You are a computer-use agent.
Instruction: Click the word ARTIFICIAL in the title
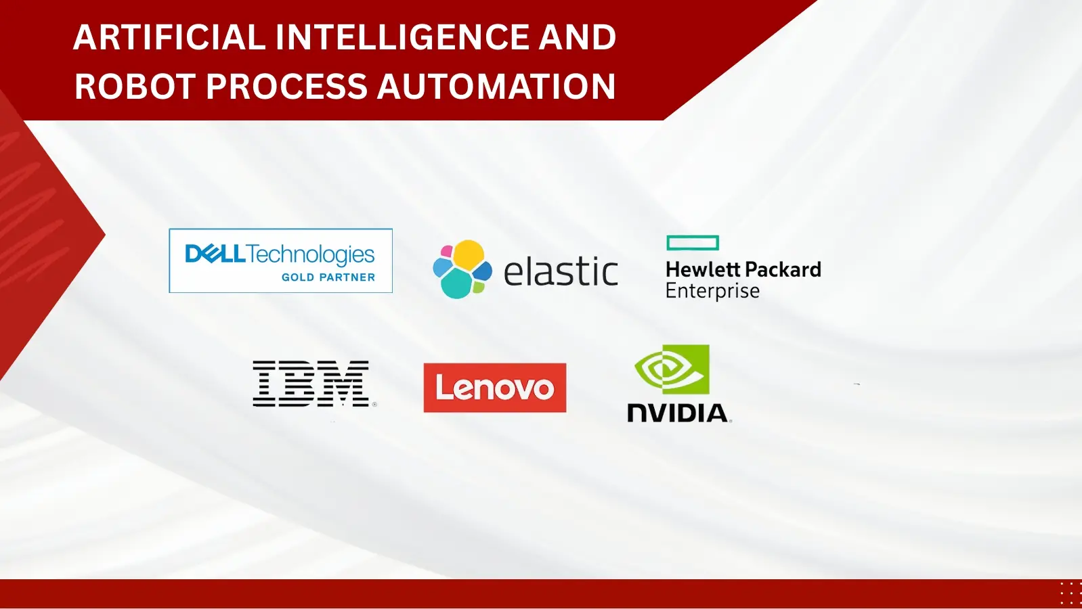click(x=169, y=37)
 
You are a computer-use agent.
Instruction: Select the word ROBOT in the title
click(x=134, y=87)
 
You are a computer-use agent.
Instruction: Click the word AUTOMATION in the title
click(x=496, y=87)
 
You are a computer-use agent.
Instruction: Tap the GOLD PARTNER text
click(x=328, y=277)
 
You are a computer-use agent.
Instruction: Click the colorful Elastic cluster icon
click(x=462, y=269)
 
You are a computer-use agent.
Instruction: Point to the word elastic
click(x=561, y=271)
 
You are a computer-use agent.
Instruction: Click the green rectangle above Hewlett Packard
click(x=693, y=243)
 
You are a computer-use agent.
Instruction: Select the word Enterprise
click(x=713, y=291)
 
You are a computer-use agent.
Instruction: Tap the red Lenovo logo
click(x=495, y=388)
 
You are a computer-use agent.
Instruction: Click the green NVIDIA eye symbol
click(x=672, y=369)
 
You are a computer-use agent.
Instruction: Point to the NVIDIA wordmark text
click(x=679, y=413)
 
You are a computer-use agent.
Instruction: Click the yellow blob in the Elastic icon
click(x=469, y=254)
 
